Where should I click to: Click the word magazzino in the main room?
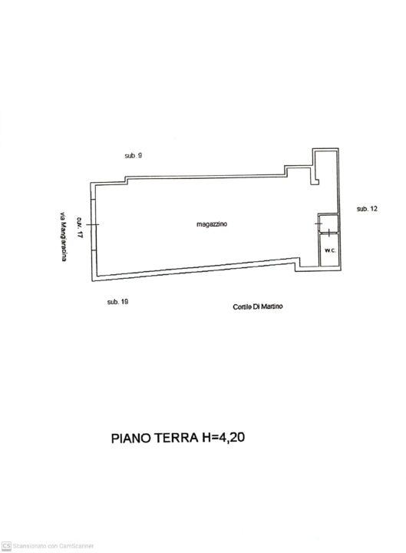tap(212, 224)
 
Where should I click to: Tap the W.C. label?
tap(330, 250)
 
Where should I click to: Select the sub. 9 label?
tap(134, 155)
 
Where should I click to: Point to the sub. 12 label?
tap(367, 209)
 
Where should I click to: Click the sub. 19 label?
tap(117, 302)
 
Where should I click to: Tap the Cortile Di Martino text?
tap(258, 306)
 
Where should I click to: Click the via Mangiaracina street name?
tap(63, 237)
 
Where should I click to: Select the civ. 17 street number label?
tap(80, 227)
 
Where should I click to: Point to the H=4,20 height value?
tap(223, 437)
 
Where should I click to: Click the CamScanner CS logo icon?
tap(6, 545)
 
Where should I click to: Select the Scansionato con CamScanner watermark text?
tap(53, 546)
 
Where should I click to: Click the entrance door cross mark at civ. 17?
tap(93, 224)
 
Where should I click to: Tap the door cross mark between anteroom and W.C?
tap(328, 233)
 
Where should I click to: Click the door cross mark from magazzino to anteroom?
tap(319, 224)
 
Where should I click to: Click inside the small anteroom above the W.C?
tap(329, 223)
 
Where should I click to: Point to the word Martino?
tap(272, 306)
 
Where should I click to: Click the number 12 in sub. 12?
tap(374, 209)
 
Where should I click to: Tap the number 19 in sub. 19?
tap(124, 302)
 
